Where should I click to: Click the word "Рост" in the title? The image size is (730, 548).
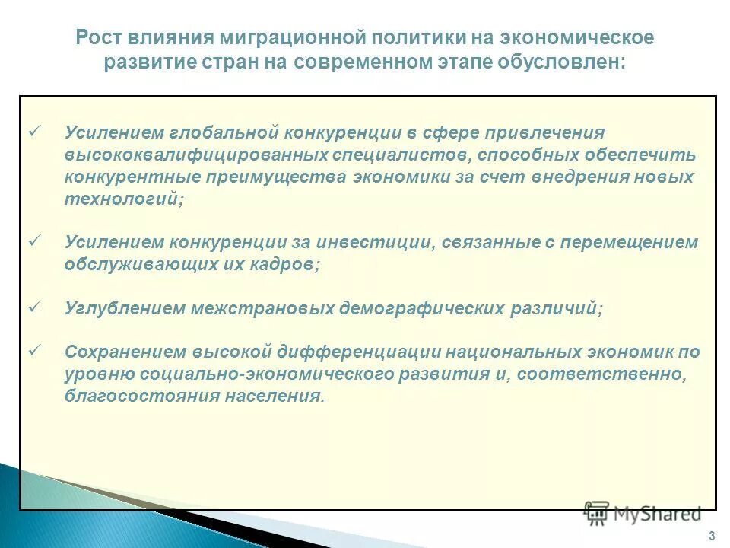(103, 38)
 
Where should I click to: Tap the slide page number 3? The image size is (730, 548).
(711, 534)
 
